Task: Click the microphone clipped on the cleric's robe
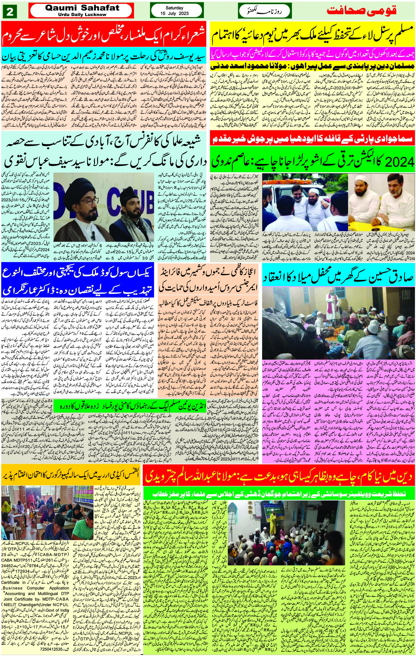coord(93,234)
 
